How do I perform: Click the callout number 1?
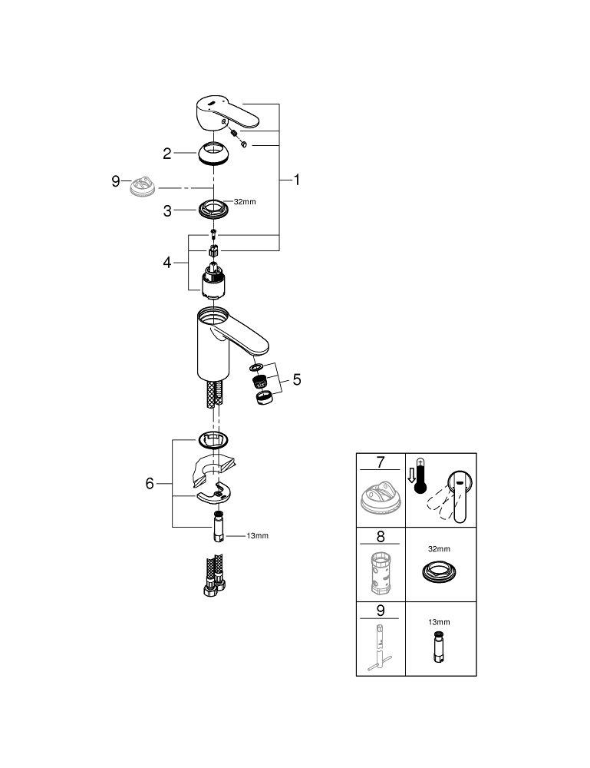297,180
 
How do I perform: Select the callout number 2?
167,154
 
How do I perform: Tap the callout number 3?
167,209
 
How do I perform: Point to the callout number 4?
167,263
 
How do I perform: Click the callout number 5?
296,379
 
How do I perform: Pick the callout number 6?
150,483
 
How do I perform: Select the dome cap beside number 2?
214,153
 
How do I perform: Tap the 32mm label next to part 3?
244,202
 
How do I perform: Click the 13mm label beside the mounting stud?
257,536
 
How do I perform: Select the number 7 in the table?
380,463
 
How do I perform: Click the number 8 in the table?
380,538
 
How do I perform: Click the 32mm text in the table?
440,550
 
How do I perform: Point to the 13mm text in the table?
440,622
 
